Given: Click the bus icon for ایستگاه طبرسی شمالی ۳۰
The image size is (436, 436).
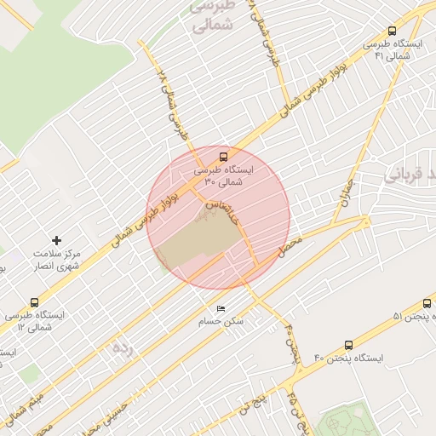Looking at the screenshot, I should (x=223, y=157).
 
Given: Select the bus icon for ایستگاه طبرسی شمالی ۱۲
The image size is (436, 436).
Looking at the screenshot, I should (x=34, y=302).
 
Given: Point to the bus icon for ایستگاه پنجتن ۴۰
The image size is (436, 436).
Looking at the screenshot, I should (x=348, y=345).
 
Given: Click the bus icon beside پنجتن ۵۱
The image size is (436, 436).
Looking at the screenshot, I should (x=427, y=303).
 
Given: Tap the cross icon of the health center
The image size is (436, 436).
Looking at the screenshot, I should (x=57, y=241).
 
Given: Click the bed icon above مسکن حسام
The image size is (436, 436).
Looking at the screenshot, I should (x=221, y=308).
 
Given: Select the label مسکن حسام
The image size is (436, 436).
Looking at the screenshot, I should (x=221, y=322).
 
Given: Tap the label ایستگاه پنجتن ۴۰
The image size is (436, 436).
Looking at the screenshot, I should (x=348, y=359).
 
